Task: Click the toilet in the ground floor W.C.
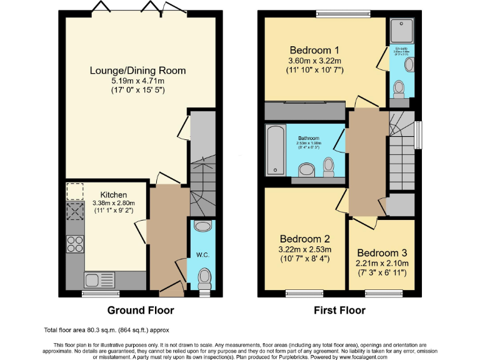(204, 276)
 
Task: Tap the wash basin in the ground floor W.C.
(203, 226)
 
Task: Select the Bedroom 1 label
(314, 50)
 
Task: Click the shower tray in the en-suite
(397, 29)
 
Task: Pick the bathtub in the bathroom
(276, 150)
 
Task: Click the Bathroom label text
(308, 138)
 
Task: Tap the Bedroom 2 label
(304, 239)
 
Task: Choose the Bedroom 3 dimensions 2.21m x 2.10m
(382, 263)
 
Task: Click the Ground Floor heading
(141, 310)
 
